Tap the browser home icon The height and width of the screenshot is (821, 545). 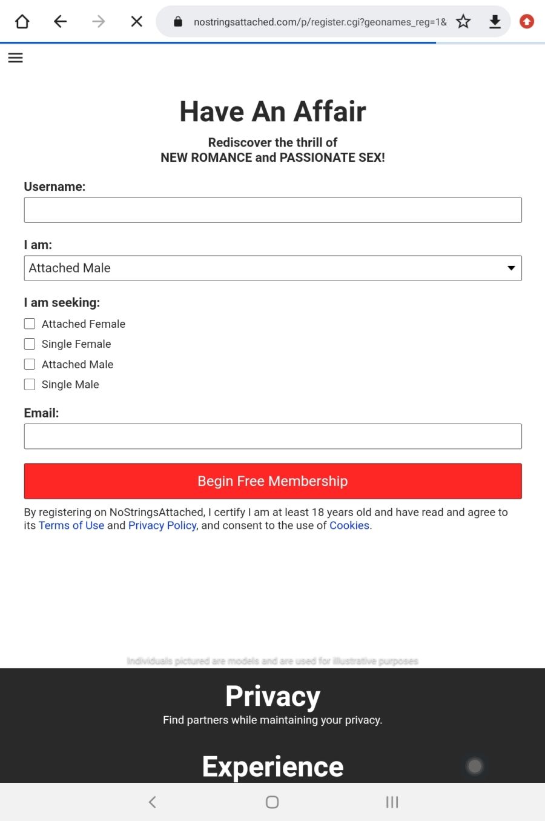(22, 22)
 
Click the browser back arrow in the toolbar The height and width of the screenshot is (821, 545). (60, 22)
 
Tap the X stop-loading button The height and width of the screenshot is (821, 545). (137, 22)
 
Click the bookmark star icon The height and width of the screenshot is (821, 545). (463, 22)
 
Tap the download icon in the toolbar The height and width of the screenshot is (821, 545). (495, 22)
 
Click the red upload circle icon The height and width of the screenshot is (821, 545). (527, 22)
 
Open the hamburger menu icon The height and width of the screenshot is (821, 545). (16, 58)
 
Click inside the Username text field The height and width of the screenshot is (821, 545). (272, 210)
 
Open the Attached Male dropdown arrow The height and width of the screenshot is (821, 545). (511, 268)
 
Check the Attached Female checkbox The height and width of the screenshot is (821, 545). (30, 324)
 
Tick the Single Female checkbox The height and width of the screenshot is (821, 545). (30, 344)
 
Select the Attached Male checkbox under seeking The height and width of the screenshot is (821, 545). (30, 364)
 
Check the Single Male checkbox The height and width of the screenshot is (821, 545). (30, 384)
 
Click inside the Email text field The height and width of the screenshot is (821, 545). (272, 436)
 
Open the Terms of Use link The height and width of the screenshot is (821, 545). (71, 525)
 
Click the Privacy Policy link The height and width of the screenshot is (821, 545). (162, 525)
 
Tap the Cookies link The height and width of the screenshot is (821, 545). (349, 525)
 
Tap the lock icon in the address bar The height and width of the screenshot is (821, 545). (178, 22)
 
